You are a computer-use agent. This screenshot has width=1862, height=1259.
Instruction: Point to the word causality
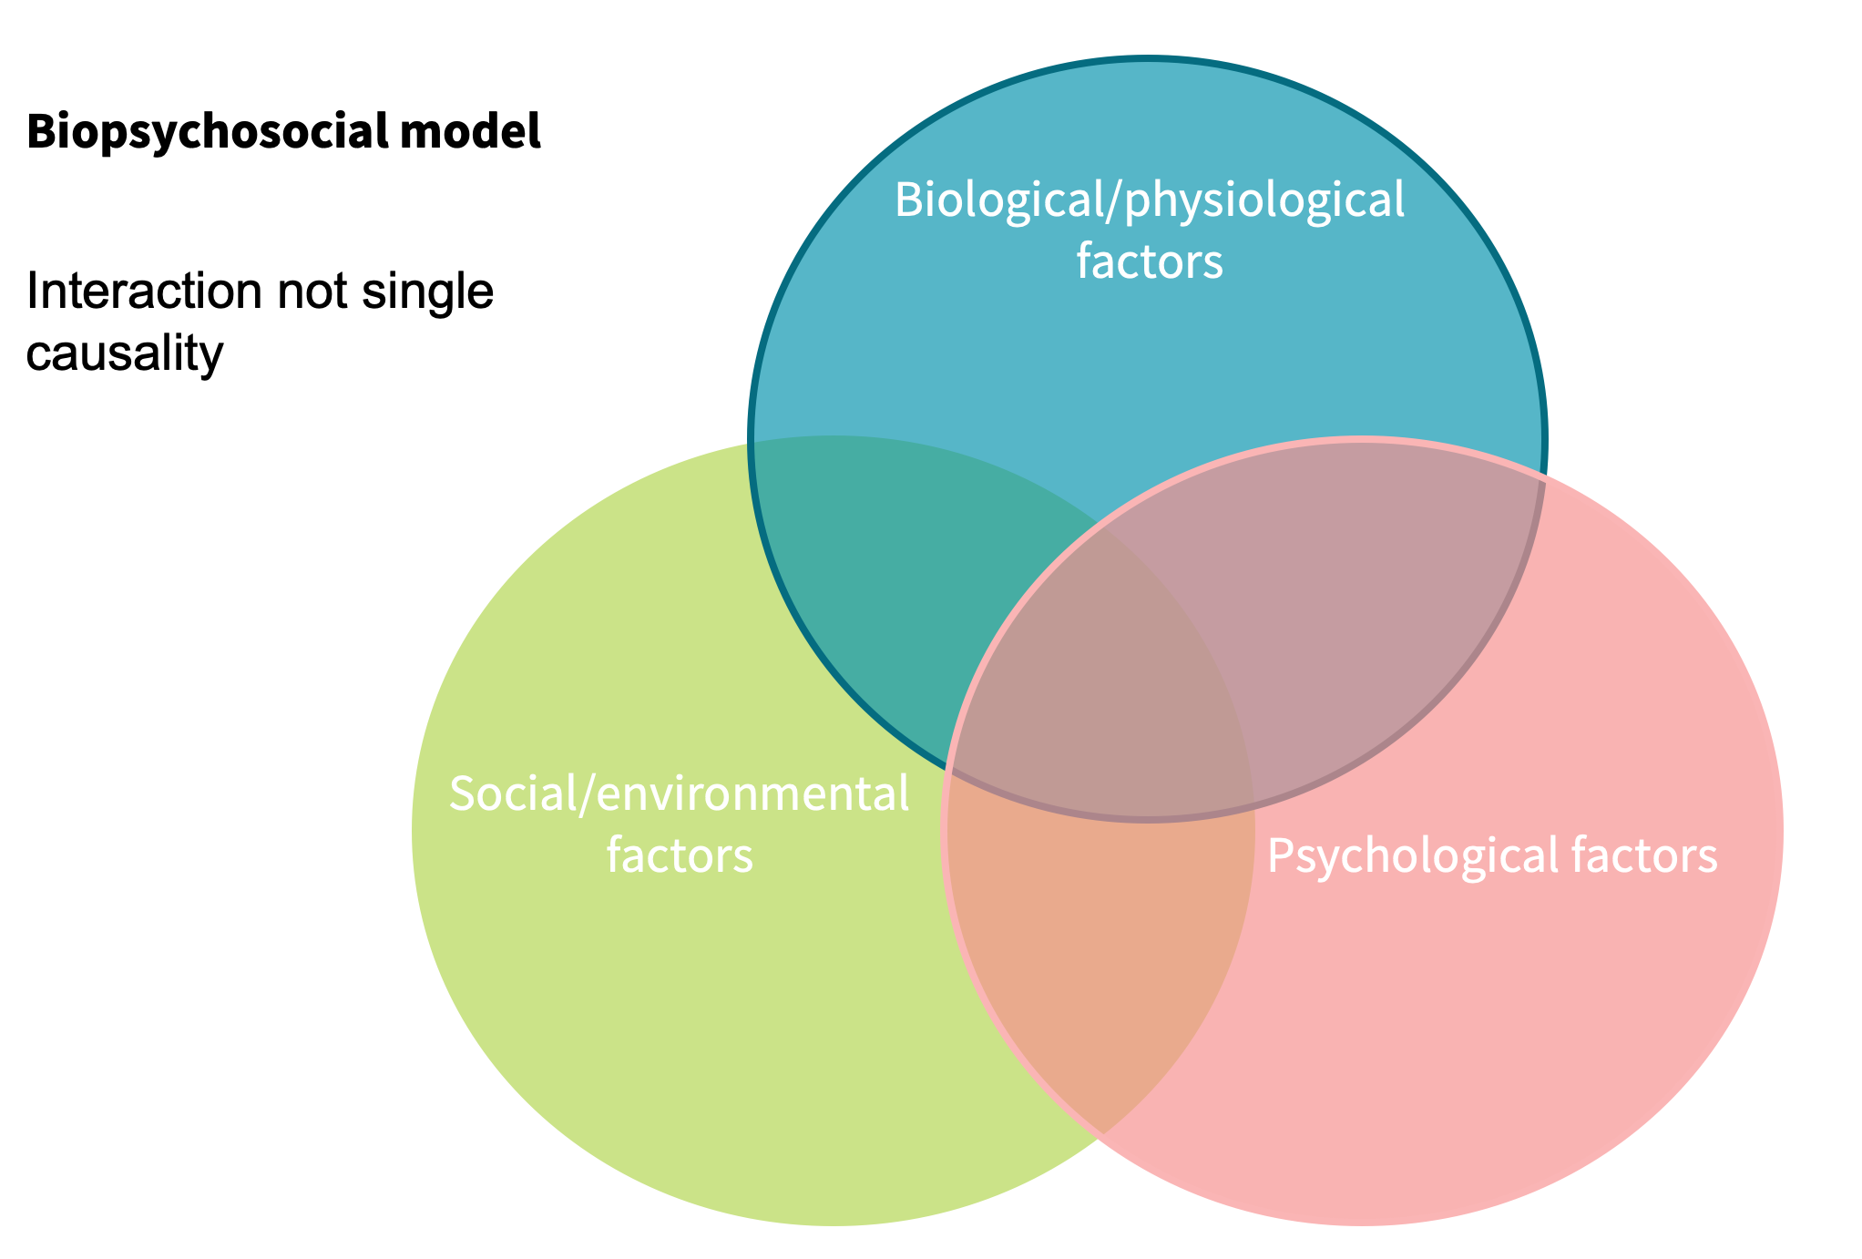124,353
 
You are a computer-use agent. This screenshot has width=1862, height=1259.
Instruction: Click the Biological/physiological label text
1149,200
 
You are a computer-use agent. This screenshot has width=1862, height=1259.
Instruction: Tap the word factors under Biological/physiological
1149,261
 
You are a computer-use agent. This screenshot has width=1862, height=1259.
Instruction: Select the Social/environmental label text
679,793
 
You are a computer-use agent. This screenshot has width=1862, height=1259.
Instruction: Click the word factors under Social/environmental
680,855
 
